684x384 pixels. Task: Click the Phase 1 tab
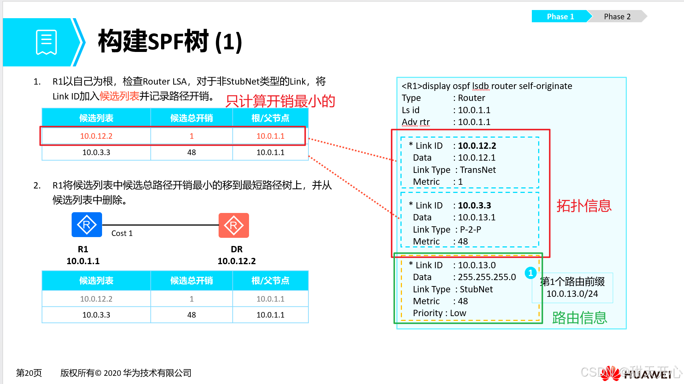[560, 17]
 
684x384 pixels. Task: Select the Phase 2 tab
[617, 17]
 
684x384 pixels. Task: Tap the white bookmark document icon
[46, 42]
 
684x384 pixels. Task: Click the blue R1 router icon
[86, 225]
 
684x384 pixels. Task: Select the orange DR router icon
[234, 225]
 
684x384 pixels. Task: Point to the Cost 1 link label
[122, 233]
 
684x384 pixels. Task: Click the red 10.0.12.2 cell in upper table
[96, 136]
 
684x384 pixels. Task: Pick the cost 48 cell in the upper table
[192, 152]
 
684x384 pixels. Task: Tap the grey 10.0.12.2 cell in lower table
[96, 299]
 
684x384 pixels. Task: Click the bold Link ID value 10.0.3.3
[474, 206]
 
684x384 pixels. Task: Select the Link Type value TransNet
[478, 170]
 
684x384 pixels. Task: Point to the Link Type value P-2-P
[470, 230]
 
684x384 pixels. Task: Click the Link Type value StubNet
[476, 289]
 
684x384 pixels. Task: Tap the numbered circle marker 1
[531, 273]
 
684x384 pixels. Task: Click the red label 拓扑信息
[584, 206]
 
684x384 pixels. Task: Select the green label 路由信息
[579, 318]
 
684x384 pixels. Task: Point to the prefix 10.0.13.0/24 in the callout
[572, 294]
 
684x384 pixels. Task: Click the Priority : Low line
[439, 313]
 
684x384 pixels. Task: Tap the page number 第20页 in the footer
[29, 373]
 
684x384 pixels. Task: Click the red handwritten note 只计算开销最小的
[280, 101]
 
